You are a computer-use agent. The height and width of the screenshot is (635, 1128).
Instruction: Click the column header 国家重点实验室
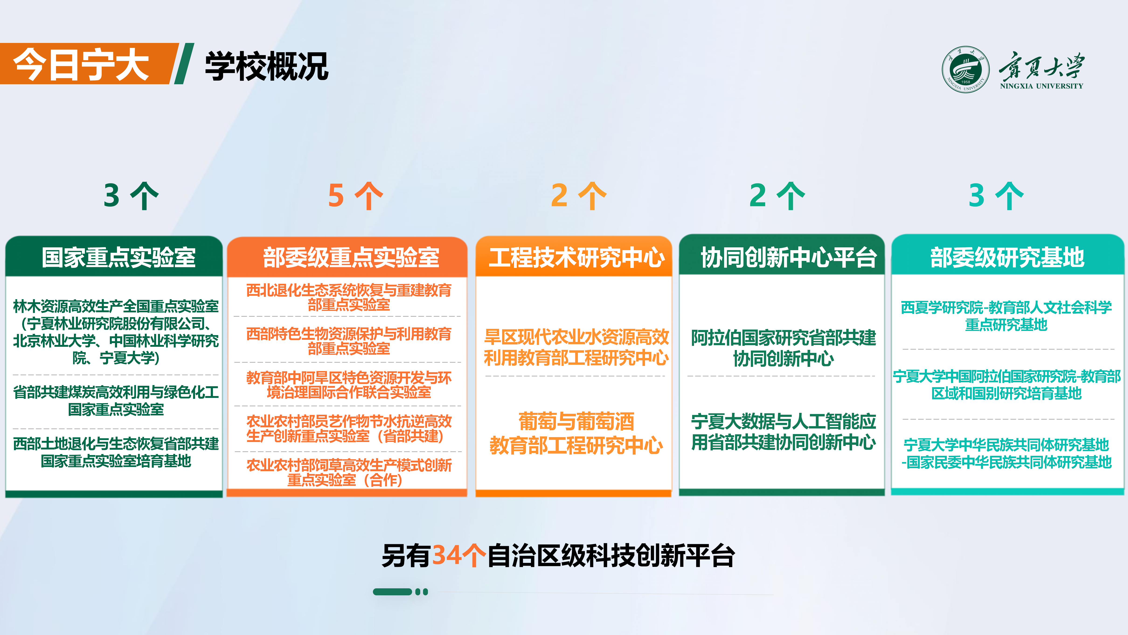coord(118,257)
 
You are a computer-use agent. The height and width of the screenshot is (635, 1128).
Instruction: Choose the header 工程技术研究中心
coord(576,257)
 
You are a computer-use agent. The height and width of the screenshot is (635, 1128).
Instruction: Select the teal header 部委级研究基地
coord(1007,257)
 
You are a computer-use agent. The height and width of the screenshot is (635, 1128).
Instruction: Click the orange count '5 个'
coord(356,196)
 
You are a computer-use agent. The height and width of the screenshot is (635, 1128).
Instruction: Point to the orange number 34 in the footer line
coord(447,556)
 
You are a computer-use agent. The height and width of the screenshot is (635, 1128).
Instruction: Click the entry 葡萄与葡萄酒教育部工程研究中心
coord(576,433)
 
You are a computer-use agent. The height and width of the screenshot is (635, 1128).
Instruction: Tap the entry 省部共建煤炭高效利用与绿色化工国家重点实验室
coord(116,400)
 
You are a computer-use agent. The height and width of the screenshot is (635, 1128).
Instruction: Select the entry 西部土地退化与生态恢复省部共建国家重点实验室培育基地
coord(116,452)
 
